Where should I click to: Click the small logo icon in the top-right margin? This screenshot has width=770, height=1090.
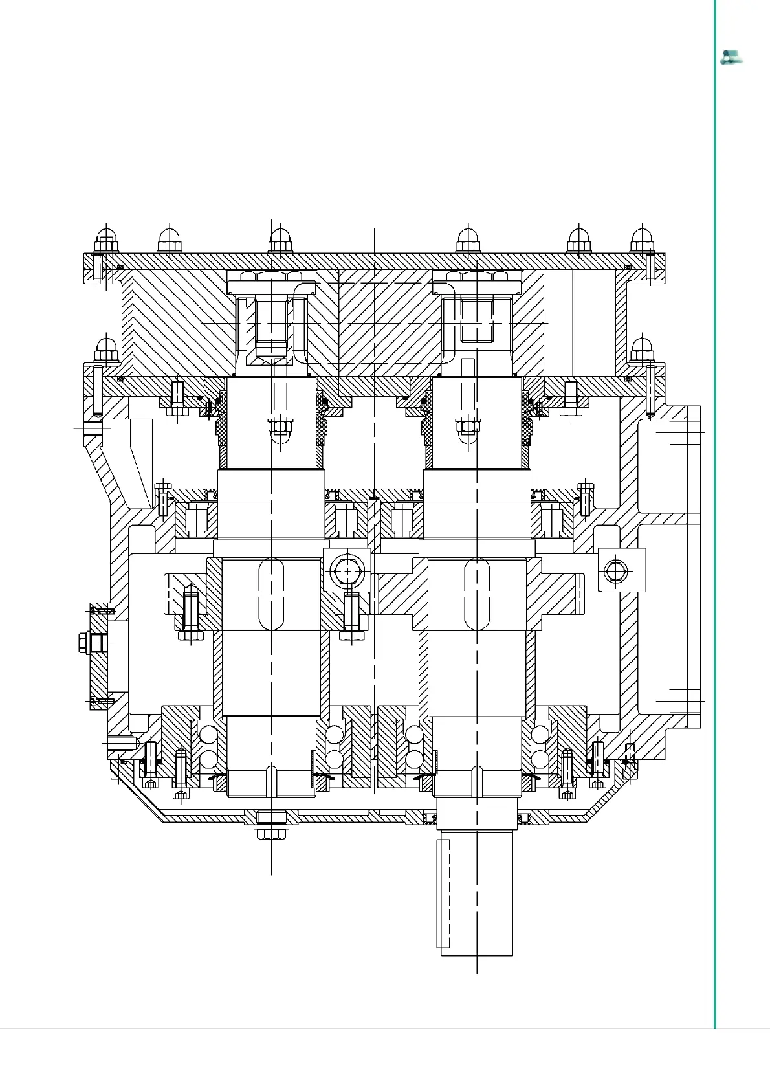[731, 58]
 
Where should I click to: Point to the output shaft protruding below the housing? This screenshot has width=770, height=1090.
[476, 893]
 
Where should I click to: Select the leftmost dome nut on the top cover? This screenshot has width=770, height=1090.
[106, 241]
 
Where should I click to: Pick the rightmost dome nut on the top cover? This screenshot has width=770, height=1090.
[642, 241]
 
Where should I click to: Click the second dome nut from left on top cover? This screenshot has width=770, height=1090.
[170, 241]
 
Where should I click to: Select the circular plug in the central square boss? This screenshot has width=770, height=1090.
[347, 572]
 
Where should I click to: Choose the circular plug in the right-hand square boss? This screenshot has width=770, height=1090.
[615, 571]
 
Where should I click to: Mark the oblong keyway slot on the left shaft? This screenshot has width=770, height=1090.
[271, 594]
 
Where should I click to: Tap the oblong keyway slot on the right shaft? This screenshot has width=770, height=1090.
[477, 594]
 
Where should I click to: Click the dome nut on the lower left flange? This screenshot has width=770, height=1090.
[106, 350]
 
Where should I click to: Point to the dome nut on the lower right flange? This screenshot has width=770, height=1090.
[642, 350]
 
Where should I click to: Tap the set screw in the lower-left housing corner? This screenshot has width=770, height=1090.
[122, 744]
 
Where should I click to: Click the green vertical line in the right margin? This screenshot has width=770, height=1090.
[715, 518]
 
